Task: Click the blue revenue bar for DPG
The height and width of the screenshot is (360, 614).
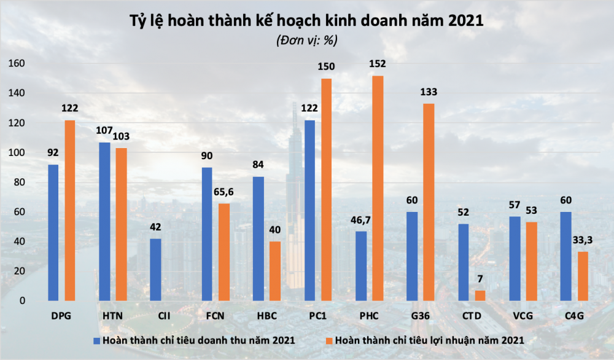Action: pos(53,233)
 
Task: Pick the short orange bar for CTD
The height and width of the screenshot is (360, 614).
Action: pos(480,295)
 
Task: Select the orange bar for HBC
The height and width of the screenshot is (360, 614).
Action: pos(275,271)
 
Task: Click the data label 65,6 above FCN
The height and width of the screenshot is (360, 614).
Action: pos(224,192)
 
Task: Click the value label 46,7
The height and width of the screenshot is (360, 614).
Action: pos(362,219)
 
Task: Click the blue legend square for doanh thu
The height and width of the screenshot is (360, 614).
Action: pos(96,339)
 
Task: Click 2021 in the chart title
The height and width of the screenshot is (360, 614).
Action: pos(466,22)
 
